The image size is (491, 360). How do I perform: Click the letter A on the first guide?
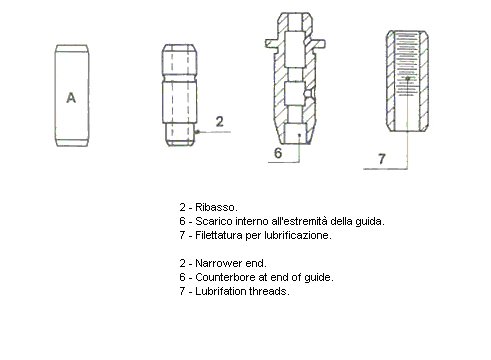click(70, 97)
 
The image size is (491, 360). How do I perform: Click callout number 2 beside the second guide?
click(219, 121)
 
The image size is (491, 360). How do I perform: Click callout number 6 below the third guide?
click(279, 153)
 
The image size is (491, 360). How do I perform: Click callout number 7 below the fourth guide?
click(381, 159)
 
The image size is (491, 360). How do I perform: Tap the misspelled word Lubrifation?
click(222, 291)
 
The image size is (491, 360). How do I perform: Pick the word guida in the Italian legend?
click(368, 221)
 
